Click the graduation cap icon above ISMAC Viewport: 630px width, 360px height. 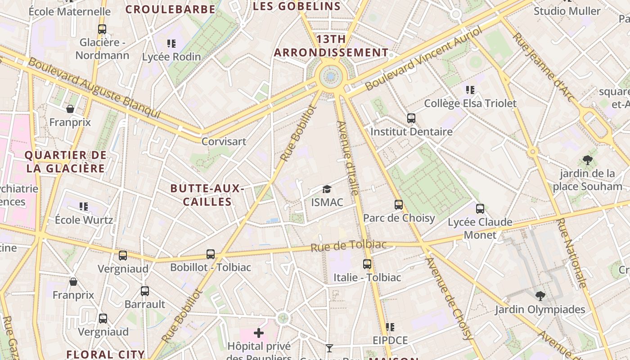(327, 189)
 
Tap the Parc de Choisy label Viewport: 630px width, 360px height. (399, 218)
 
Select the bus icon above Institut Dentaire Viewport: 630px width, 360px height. (411, 118)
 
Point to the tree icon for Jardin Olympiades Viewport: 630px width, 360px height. (540, 296)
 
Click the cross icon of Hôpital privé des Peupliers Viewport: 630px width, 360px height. (259, 333)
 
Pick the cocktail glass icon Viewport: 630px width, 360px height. (329, 348)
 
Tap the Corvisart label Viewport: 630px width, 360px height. (224, 141)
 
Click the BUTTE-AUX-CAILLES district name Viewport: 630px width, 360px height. (207, 195)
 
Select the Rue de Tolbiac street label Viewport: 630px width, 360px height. (349, 246)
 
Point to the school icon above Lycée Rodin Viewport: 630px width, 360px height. (171, 44)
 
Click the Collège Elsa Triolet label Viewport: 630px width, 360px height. (470, 103)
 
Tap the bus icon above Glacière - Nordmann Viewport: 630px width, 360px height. (102, 29)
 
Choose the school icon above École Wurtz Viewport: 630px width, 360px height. (84, 207)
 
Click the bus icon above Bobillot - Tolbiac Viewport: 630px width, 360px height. (211, 254)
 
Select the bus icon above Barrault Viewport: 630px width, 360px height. (144, 291)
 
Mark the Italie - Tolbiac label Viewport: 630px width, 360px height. (367, 278)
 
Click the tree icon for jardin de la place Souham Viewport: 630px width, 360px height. (587, 160)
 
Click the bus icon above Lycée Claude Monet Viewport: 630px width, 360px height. (480, 209)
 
